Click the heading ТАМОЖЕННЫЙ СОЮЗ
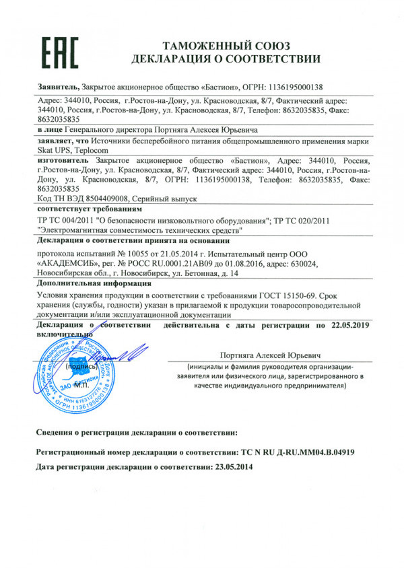click(x=226, y=46)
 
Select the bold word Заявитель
click(x=56, y=87)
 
